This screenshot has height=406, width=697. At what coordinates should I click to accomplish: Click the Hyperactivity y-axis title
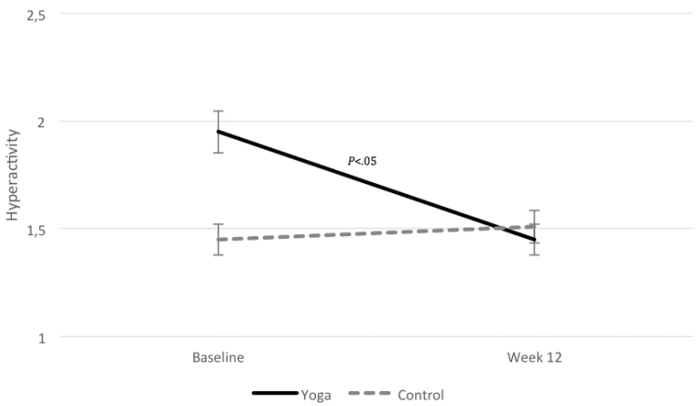(x=12, y=177)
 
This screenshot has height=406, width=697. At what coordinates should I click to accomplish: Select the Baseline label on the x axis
(x=218, y=357)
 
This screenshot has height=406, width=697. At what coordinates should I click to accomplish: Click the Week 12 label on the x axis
(x=535, y=357)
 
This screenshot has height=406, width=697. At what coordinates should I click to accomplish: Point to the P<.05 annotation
(x=362, y=162)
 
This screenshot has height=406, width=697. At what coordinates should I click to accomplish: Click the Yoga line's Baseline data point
(x=218, y=132)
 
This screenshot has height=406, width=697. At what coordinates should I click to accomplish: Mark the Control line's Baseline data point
(x=218, y=240)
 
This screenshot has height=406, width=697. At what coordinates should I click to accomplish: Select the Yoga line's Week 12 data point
(x=535, y=240)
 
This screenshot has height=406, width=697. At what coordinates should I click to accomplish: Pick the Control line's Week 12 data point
(x=535, y=226)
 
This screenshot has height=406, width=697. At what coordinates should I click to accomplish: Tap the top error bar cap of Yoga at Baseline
(x=218, y=111)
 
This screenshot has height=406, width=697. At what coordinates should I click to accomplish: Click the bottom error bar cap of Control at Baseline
(x=218, y=255)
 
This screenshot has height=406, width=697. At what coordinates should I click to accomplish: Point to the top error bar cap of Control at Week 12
(x=535, y=211)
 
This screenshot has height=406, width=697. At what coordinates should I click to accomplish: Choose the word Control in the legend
(x=419, y=394)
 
